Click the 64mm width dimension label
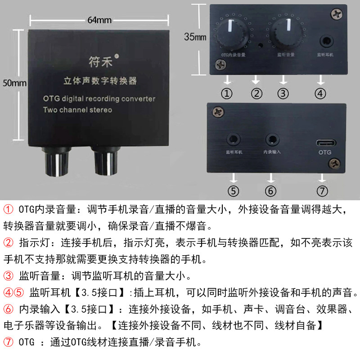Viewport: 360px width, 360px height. pyautogui.click(x=99, y=20)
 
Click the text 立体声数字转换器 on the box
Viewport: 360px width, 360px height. pyautogui.click(x=99, y=81)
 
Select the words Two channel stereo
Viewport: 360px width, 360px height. pyautogui.click(x=77, y=110)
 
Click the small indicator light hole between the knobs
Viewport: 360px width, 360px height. pyautogui.click(x=260, y=45)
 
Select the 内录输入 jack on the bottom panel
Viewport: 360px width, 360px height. pyautogui.click(x=271, y=140)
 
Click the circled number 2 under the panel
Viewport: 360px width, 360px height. pyautogui.click(x=256, y=94)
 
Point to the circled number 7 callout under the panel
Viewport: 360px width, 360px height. pyautogui.click(x=322, y=190)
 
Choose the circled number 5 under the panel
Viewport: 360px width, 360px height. pyautogui.click(x=233, y=190)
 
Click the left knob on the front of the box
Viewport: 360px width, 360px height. pyautogui.click(x=54, y=162)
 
